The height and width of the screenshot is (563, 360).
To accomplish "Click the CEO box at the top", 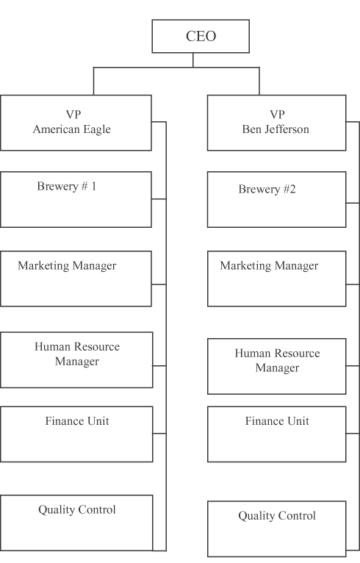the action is tap(201, 36).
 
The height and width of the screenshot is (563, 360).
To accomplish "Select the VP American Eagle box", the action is tap(76, 123).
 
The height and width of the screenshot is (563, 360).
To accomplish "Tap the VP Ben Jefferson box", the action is tap(277, 123).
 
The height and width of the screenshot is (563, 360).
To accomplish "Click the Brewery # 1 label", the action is tap(67, 186).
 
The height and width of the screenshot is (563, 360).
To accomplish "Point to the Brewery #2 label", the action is tap(267, 189).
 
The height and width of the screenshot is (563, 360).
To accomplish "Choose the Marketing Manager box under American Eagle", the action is tap(76, 279).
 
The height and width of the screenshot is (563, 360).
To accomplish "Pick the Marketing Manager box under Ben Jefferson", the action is tap(277, 279).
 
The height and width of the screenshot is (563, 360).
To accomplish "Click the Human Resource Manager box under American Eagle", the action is tap(76, 359).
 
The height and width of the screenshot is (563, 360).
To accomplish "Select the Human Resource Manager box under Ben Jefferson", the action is tap(277, 366).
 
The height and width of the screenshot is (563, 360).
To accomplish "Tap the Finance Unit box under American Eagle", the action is tap(76, 434).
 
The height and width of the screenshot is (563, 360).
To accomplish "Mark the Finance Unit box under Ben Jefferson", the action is tap(277, 434).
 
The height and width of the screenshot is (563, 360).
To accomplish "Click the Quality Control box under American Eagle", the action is tap(76, 523).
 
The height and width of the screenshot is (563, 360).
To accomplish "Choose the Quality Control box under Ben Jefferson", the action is tap(277, 529).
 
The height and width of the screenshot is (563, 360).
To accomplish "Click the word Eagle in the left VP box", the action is tap(96, 129).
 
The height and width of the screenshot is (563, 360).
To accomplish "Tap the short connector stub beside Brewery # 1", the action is tap(159, 198).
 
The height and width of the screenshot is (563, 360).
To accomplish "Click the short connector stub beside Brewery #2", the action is tap(353, 204).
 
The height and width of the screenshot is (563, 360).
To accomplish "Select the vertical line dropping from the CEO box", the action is tap(192, 60).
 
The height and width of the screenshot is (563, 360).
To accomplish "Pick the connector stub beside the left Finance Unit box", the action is tap(159, 434).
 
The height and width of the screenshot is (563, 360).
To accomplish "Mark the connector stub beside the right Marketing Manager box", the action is tap(353, 284).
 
